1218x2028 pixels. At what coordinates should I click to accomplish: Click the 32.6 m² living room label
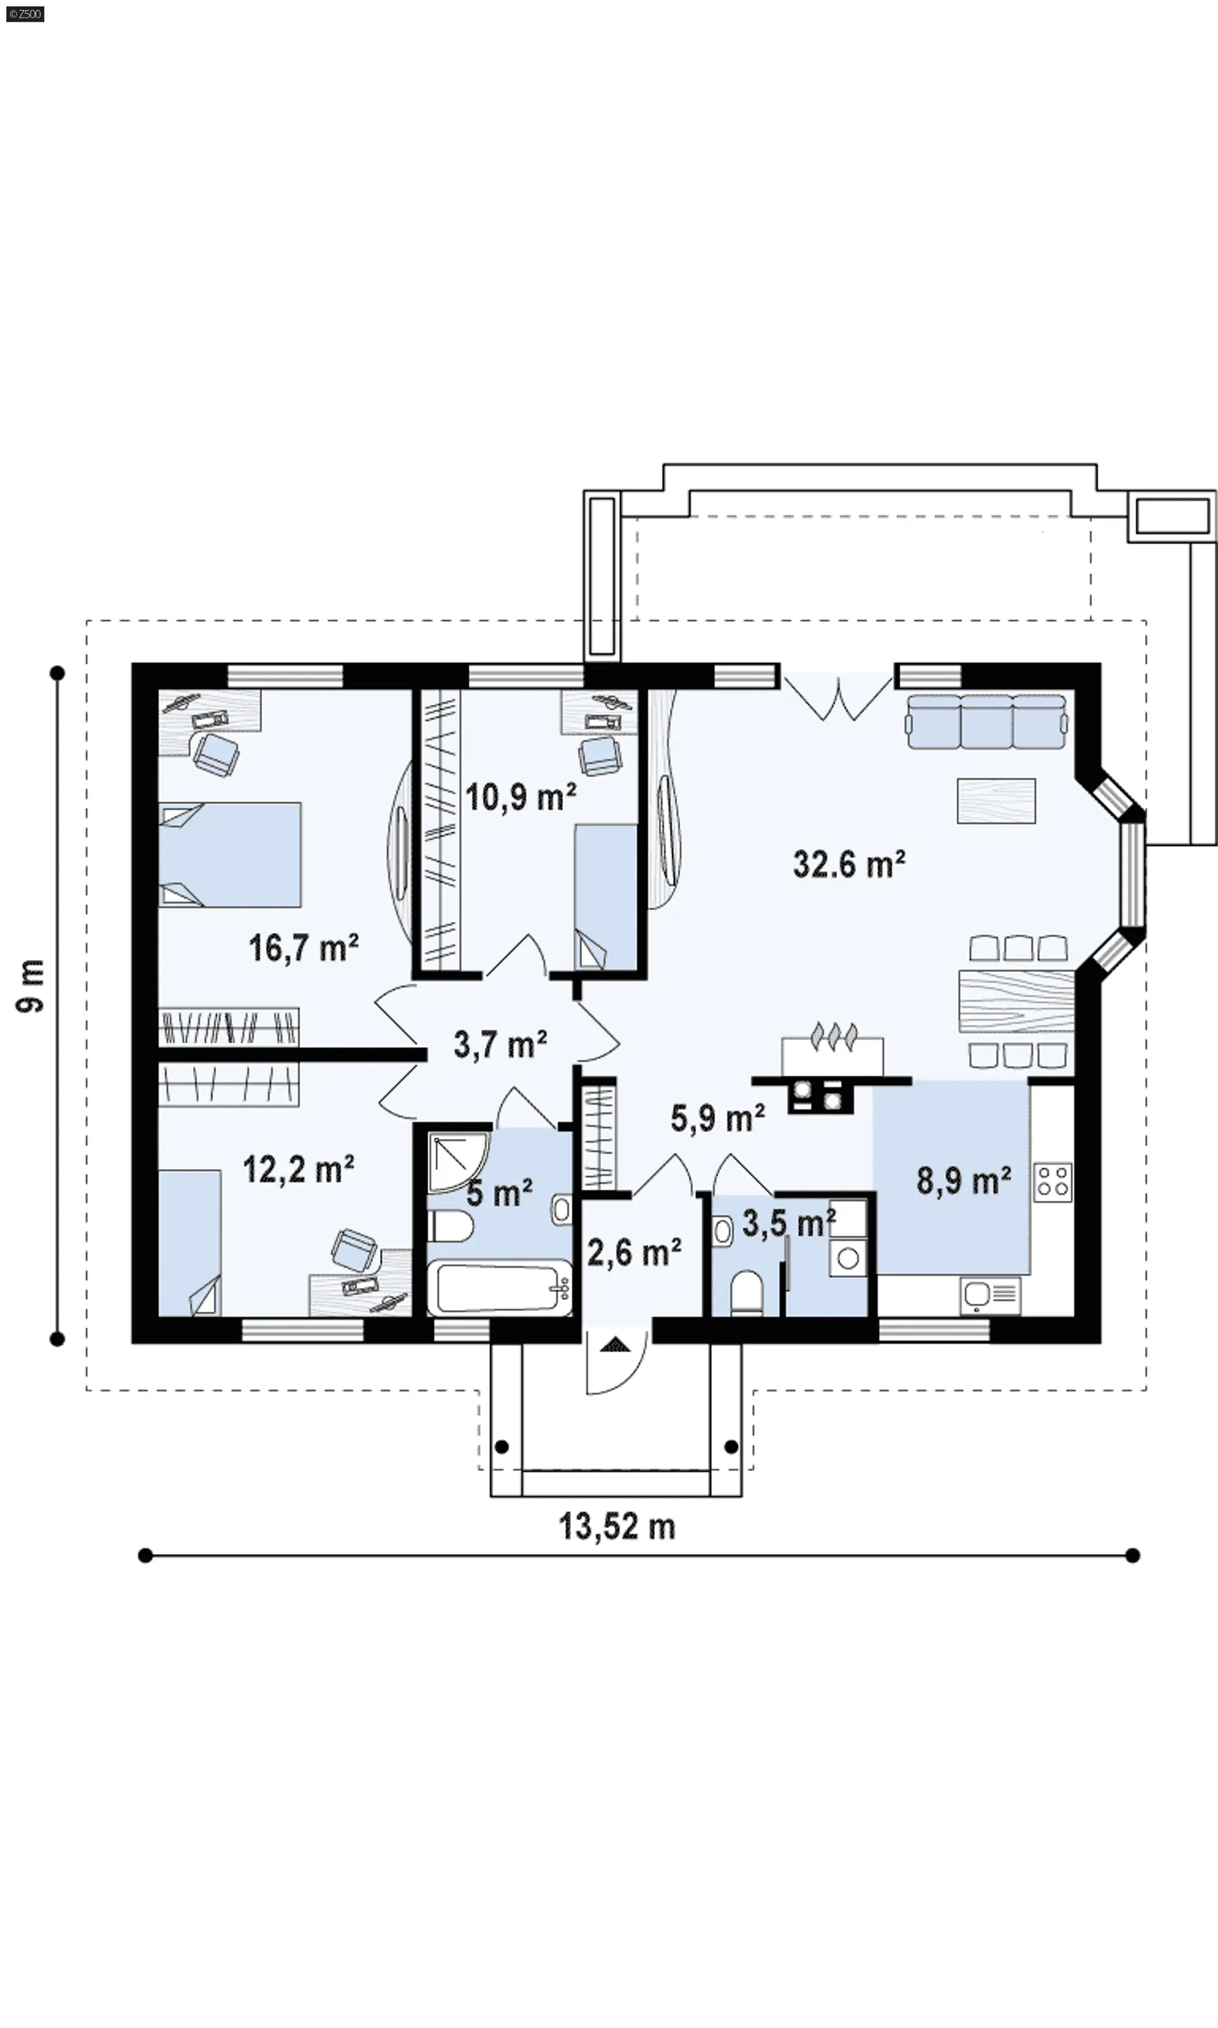tap(849, 864)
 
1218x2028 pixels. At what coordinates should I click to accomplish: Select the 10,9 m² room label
tap(520, 797)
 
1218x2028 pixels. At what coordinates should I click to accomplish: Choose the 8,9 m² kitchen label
tap(963, 1181)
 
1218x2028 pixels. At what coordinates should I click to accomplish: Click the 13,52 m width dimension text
tap(617, 1527)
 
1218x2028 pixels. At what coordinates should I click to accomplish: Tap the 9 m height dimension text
tap(30, 985)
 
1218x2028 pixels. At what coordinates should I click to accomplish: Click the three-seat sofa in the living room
tap(986, 721)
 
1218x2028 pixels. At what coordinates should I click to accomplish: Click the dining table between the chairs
tap(1016, 1001)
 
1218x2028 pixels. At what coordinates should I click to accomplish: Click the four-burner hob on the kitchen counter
tap(1053, 1183)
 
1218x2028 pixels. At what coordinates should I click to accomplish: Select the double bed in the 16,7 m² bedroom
tap(230, 854)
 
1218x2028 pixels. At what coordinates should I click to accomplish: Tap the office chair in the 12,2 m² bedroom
tap(354, 1249)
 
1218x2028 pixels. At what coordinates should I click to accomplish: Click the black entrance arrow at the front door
tap(615, 1345)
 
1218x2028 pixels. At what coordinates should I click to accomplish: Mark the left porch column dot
tap(502, 1446)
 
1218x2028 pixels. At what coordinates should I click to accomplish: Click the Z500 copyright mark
tap(25, 14)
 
